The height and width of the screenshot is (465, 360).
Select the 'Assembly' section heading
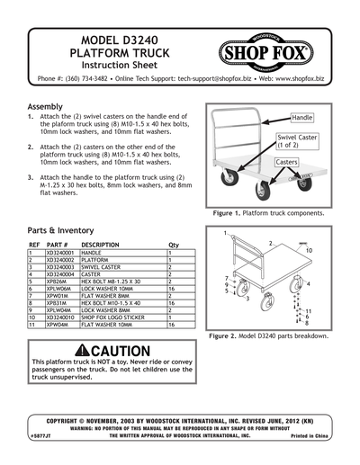pyautogui.click(x=46, y=106)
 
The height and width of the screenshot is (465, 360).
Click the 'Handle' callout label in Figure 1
pyautogui.click(x=302, y=118)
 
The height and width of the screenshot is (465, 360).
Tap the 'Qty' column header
pyautogui.click(x=174, y=244)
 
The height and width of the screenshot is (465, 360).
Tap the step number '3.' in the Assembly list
pyautogui.click(x=31, y=179)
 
